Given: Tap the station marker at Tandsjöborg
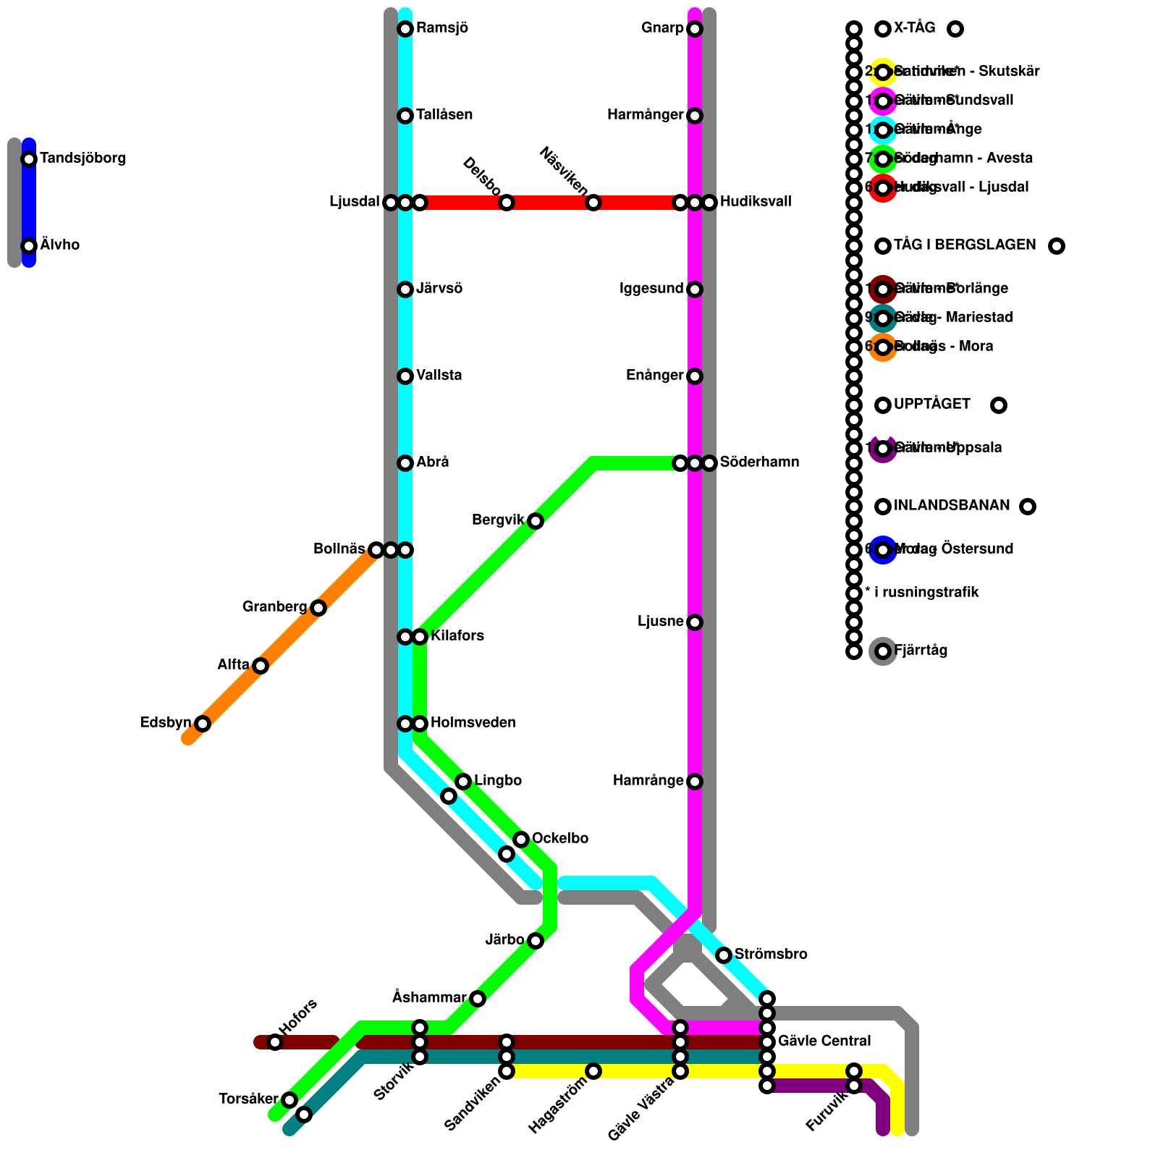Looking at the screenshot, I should point(29,159).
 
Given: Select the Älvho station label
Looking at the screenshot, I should point(60,245).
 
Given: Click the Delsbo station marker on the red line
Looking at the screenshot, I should point(507,203).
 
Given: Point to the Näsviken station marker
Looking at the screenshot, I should point(593,203).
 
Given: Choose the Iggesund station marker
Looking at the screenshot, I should point(695,289).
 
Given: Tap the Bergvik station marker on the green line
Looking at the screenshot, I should point(536,521).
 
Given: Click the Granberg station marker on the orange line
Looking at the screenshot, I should point(318,608).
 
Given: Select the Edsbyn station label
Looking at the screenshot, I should point(166,723).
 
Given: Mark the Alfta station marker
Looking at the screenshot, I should point(261,666).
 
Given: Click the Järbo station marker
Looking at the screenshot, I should point(536,941).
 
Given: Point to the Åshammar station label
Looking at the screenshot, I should point(429,998).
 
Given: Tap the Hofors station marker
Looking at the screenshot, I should point(275,1042).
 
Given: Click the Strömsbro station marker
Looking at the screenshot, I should point(724,955).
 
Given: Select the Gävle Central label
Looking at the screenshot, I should point(824,1041).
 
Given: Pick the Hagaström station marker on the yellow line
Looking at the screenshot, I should point(593,1071).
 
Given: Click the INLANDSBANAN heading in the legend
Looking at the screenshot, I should point(952,506).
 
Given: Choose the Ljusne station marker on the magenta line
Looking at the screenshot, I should point(695,622).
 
